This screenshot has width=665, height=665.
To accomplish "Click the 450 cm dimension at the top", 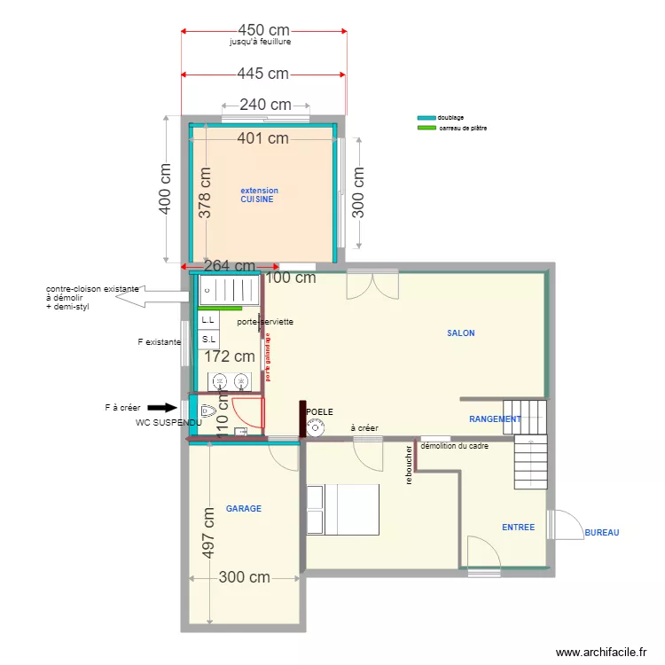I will click(x=263, y=30).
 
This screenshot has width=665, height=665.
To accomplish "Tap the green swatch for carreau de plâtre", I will click(x=426, y=128).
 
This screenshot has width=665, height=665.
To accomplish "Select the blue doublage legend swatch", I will click(x=426, y=117).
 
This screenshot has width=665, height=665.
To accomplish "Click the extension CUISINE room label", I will click(x=259, y=195).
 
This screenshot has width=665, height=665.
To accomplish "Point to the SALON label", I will click(x=460, y=333).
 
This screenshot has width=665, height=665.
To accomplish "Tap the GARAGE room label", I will click(x=243, y=509).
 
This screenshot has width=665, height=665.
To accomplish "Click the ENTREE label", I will click(x=518, y=527).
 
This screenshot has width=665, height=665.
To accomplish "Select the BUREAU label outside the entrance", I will click(x=601, y=533).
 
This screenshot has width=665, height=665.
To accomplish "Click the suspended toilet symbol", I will click(x=208, y=411).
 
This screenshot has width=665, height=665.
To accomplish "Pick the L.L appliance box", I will click(x=208, y=319).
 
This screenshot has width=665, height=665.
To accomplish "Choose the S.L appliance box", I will click(x=208, y=340).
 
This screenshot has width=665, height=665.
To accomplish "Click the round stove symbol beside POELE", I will click(x=315, y=428).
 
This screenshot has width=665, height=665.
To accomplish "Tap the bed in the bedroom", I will click(x=342, y=510).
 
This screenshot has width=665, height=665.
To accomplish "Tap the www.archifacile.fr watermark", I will click(x=600, y=652).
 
